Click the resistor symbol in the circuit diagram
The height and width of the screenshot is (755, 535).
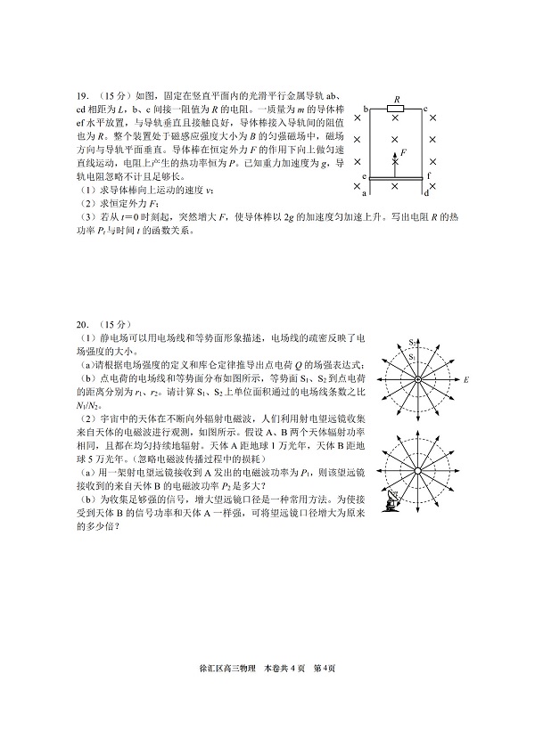click(x=395, y=109)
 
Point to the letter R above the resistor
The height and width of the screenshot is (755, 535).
click(x=396, y=100)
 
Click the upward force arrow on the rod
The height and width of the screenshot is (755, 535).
click(x=396, y=162)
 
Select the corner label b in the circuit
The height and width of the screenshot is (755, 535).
click(x=366, y=109)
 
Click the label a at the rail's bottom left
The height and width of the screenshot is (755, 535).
click(x=365, y=191)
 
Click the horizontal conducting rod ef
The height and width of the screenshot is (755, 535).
click(x=396, y=181)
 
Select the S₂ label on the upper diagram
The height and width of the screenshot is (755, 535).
click(x=413, y=342)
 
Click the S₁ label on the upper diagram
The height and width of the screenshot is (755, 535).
click(x=413, y=358)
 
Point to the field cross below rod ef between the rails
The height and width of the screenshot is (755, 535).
click(x=396, y=188)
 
